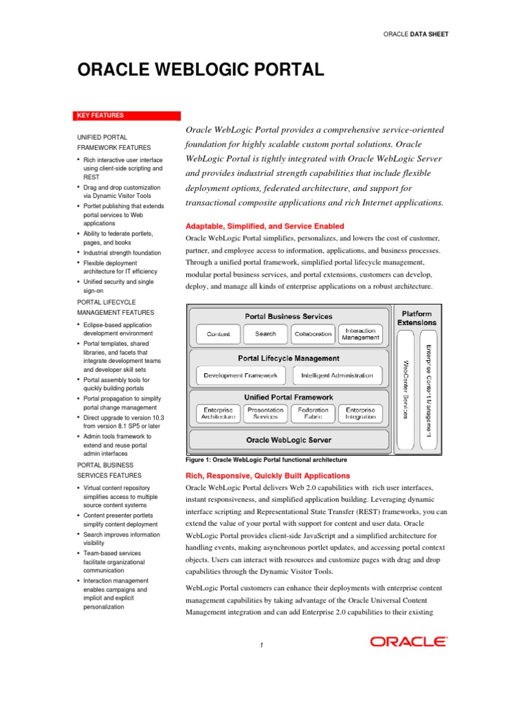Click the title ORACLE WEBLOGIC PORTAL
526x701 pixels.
[201, 71]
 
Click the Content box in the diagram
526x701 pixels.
[218, 334]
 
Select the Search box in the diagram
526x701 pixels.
[265, 334]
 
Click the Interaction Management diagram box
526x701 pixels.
[360, 334]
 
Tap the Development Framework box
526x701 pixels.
[240, 375]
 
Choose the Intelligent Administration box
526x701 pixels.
[336, 375]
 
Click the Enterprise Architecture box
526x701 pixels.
[218, 413]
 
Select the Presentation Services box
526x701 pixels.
[265, 413]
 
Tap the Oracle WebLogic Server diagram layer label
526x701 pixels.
[288, 439]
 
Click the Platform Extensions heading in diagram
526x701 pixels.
[416, 318]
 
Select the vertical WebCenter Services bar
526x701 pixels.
[405, 390]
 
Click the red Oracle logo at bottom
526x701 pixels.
[409, 641]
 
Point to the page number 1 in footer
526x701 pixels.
[262, 645]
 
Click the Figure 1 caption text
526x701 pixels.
[266, 460]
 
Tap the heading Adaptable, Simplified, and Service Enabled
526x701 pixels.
[264, 226]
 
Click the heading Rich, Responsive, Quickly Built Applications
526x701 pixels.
[268, 475]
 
